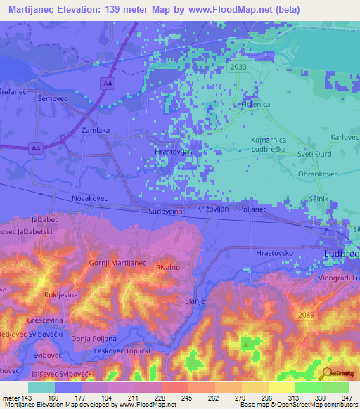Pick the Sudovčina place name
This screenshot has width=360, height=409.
click(x=166, y=210)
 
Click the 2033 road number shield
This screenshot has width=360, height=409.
click(x=239, y=67)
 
